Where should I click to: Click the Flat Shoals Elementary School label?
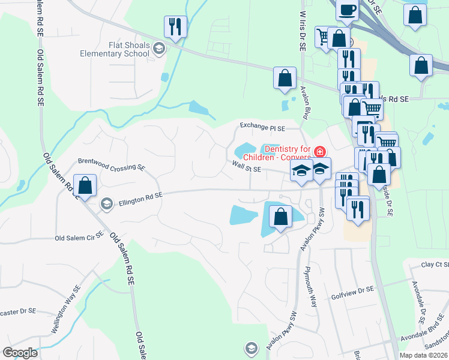click(x=114, y=49)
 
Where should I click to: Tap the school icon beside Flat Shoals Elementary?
click(x=159, y=49)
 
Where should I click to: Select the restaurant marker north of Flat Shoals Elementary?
click(x=175, y=27)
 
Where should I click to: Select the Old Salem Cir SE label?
click(x=79, y=238)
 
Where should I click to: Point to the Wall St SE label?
click(x=246, y=170)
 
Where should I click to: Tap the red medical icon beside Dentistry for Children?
click(x=321, y=151)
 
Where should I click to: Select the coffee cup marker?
click(x=348, y=10)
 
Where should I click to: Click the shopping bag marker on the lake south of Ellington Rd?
click(x=280, y=217)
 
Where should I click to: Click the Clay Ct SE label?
click(x=435, y=265)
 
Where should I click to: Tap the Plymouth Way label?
click(x=311, y=286)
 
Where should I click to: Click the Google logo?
click(x=21, y=353)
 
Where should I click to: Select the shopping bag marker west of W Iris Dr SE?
click(x=285, y=78)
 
